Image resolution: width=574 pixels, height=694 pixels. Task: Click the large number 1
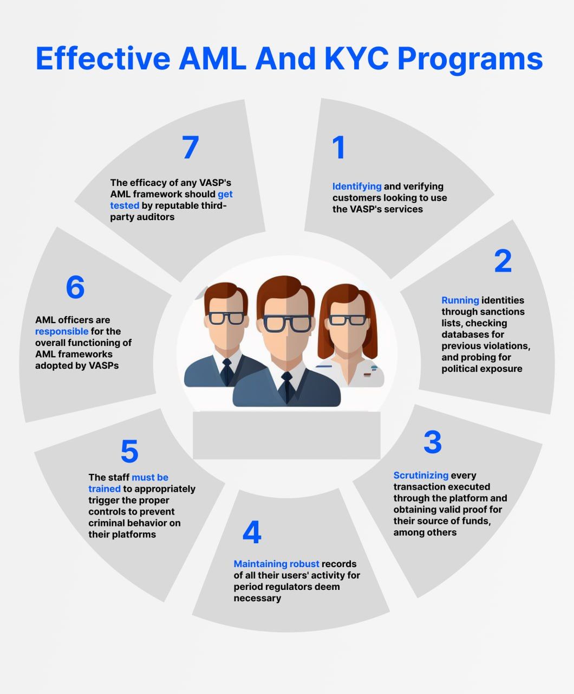339,147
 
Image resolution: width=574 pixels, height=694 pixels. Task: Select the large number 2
503,261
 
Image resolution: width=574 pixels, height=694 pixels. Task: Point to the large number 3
433,442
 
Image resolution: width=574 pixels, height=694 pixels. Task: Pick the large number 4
252,532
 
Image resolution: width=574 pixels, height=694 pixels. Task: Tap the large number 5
129,452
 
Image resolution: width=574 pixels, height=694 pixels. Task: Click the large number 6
75,287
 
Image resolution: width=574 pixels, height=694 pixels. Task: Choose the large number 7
190,147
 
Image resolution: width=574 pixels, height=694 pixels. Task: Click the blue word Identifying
357,187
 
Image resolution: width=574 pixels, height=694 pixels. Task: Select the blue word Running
460,300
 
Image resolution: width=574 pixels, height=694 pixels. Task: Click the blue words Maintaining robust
276,564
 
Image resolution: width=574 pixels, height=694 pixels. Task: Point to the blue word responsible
62,331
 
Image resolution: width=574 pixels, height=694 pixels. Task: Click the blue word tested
125,205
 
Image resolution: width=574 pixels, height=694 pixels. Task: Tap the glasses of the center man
287,323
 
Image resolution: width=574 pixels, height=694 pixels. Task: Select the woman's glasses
347,320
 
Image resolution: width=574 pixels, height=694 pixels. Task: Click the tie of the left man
227,371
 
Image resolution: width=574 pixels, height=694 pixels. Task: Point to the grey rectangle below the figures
286,435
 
